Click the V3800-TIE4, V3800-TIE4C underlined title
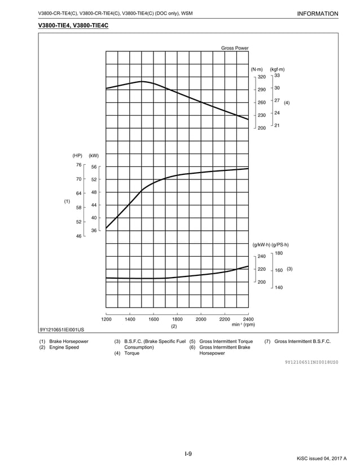(x=73, y=26)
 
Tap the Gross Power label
(x=235, y=48)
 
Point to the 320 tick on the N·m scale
(x=262, y=77)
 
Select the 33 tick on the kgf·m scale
(x=277, y=75)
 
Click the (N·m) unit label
(x=257, y=69)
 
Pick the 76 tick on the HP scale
(x=79, y=165)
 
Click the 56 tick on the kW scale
(x=94, y=167)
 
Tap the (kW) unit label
(x=94, y=156)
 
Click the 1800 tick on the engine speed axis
(x=177, y=319)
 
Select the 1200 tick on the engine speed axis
(x=106, y=319)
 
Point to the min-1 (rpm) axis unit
(x=243, y=325)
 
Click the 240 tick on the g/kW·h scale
(x=262, y=257)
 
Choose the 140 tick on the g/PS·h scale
(x=278, y=288)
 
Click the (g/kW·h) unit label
(x=261, y=244)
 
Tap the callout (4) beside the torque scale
(x=287, y=103)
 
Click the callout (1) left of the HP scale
(x=67, y=201)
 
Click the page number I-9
(x=188, y=454)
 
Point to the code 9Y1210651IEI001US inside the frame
(x=62, y=329)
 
